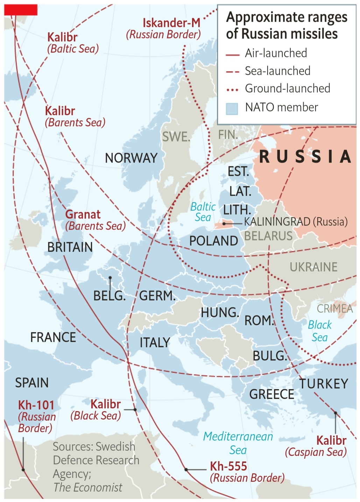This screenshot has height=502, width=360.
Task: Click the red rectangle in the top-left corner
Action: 21,10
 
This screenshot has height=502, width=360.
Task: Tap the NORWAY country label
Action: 131,158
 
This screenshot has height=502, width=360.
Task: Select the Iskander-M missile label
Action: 171,23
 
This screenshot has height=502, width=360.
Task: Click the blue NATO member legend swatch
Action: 232,108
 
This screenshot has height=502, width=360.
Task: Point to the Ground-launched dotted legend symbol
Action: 232,90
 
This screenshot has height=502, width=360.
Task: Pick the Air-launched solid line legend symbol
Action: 232,55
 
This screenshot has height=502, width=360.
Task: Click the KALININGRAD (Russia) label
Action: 296,222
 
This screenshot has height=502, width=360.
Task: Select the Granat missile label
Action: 83,214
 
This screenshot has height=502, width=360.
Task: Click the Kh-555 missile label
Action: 228,466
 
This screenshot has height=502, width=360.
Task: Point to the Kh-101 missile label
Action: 36,405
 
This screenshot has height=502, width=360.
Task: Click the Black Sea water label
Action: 319,331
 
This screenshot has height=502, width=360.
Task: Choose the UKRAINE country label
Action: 313,267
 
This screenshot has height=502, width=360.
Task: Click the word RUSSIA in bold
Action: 305,157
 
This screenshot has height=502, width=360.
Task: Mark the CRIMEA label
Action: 334,309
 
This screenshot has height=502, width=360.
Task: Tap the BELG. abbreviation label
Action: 109,296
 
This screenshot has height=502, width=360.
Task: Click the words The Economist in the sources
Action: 88,487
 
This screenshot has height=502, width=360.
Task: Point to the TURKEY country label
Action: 324,384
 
